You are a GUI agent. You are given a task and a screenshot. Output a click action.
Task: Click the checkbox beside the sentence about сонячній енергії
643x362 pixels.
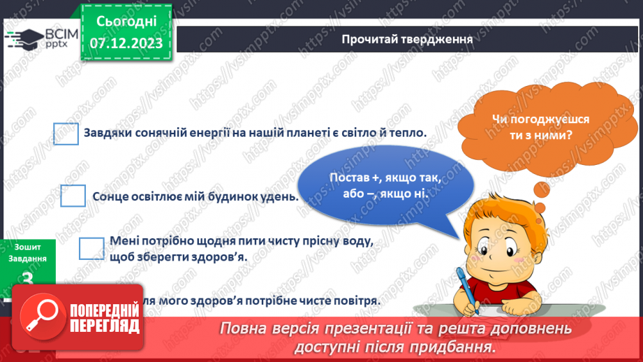pos(66,133)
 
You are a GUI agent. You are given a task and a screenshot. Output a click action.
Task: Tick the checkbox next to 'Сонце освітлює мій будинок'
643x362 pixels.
pos(73,196)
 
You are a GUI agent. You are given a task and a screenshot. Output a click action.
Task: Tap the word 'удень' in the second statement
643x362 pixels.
pos(281,196)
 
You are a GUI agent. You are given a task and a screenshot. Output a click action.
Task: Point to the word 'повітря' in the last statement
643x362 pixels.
pos(355,301)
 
